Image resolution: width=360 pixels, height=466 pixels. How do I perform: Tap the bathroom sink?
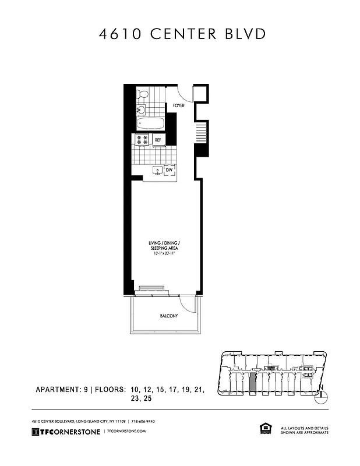140,109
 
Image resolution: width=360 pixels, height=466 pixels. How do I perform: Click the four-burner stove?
142,140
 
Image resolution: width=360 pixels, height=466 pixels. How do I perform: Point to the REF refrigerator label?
158,140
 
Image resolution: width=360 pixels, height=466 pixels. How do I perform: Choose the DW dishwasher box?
170,170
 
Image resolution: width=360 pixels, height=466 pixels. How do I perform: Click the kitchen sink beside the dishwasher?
156,171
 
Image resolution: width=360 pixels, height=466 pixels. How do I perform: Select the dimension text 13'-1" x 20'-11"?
165,253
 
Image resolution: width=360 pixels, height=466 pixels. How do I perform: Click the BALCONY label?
168,316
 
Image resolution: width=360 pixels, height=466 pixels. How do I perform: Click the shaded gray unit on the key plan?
252,382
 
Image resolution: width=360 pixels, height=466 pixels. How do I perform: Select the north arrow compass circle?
323,398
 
